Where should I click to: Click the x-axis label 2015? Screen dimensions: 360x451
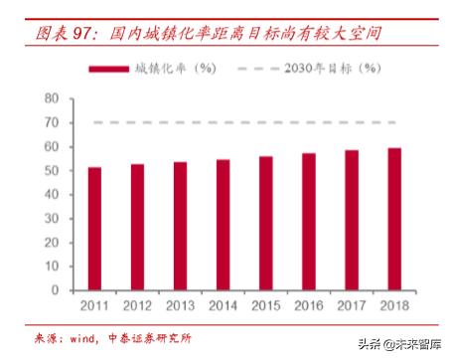pyautogui.click(x=266, y=305)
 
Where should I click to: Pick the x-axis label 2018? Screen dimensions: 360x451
pyautogui.click(x=394, y=305)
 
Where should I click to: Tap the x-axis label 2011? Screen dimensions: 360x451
pyautogui.click(x=94, y=305)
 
